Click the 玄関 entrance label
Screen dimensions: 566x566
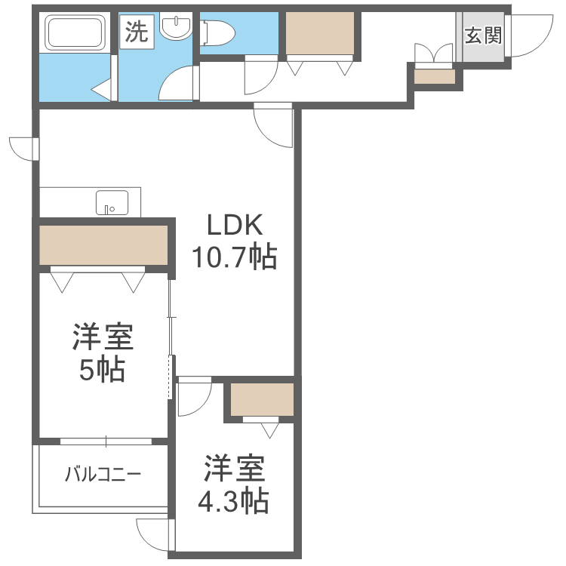[483, 35]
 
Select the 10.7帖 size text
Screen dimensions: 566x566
[234, 258]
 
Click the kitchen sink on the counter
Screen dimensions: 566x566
[112, 203]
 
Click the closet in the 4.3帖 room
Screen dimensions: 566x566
[262, 399]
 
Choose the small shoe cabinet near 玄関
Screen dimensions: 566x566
[435, 76]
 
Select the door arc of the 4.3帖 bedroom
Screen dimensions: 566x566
[192, 398]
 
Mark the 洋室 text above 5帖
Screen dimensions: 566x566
[103, 337]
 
